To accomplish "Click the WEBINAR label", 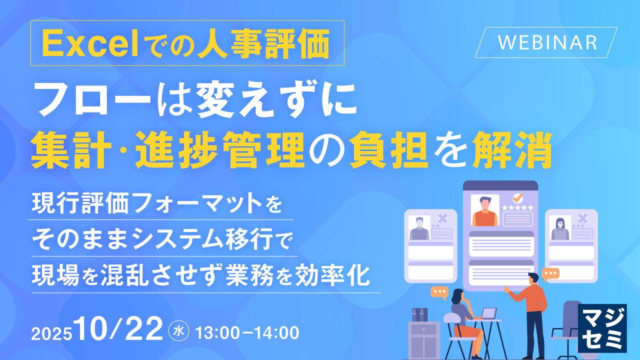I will [x=547, y=42].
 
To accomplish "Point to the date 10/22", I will [x=119, y=329].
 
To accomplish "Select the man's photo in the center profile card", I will [x=485, y=210].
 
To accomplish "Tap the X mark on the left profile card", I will [x=442, y=218].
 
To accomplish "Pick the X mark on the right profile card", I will [x=582, y=218].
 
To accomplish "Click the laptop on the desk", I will [x=488, y=313].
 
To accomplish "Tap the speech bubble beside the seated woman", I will [x=440, y=292].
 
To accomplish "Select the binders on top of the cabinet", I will [x=419, y=314].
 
